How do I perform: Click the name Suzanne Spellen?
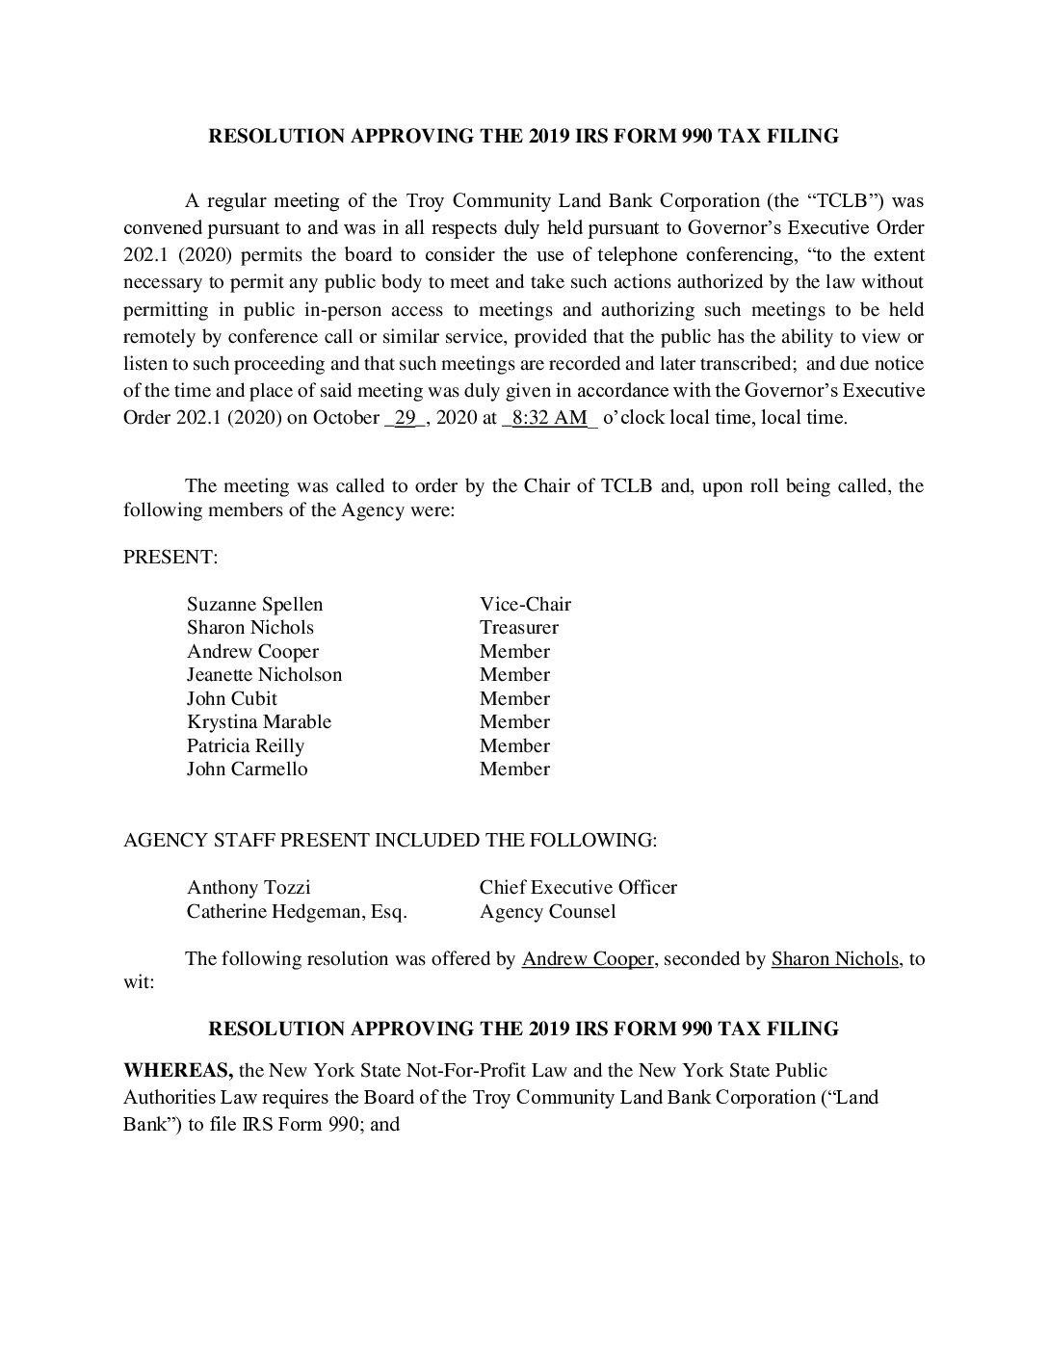(x=254, y=605)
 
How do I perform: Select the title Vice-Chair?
(x=525, y=605)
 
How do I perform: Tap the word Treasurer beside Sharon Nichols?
(x=518, y=628)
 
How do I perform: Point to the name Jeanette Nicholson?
(x=264, y=675)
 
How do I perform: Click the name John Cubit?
(x=231, y=699)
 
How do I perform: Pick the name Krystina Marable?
(x=258, y=722)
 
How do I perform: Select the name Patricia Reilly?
(x=245, y=746)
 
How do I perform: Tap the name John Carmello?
(x=247, y=769)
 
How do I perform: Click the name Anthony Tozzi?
(x=249, y=888)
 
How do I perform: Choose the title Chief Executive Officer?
(x=578, y=888)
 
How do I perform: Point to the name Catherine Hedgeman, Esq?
(x=297, y=911)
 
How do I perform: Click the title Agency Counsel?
(x=547, y=911)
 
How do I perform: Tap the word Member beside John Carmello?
(x=514, y=769)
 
